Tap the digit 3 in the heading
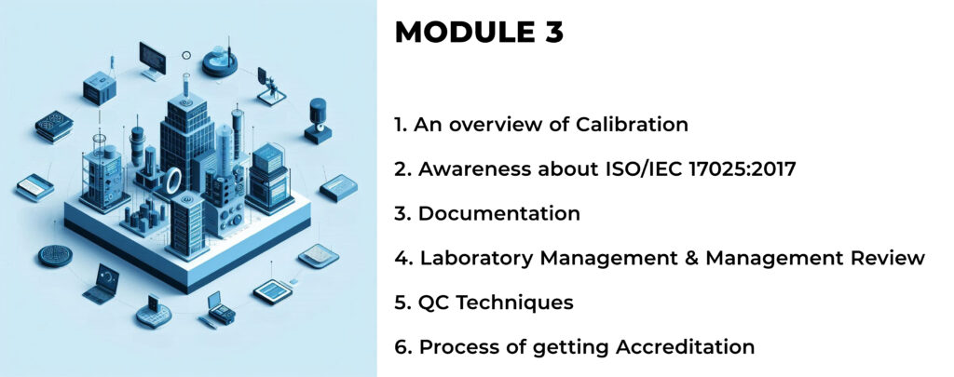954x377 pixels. click(552, 33)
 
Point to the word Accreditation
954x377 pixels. click(686, 347)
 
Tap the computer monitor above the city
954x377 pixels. click(153, 61)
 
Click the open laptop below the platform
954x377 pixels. click(102, 284)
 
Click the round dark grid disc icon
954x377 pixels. click(55, 256)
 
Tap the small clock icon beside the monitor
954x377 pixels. click(186, 55)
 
